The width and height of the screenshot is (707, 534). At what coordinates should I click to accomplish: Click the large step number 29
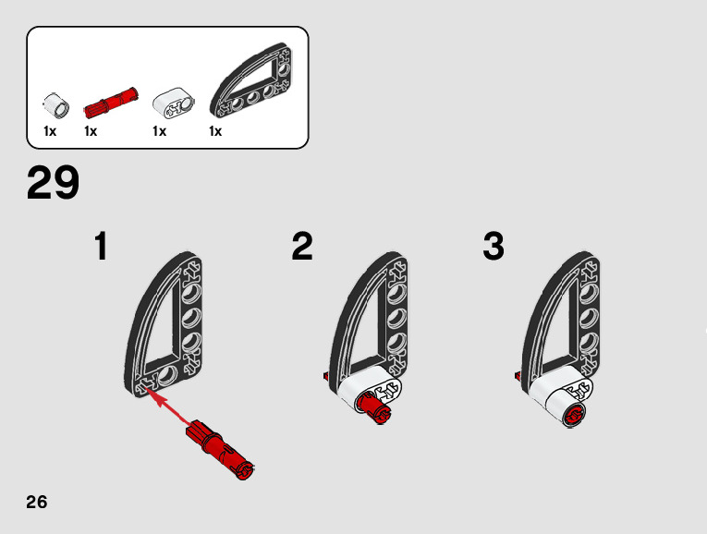click(x=53, y=183)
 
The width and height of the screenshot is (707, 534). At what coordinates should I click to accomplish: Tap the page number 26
click(x=37, y=503)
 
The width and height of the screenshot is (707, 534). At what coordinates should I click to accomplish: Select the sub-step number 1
click(x=102, y=248)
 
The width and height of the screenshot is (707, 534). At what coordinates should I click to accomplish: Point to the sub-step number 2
click(x=302, y=248)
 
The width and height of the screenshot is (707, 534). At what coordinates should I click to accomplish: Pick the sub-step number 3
click(x=494, y=248)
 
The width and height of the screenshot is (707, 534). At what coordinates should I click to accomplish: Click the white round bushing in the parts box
click(x=55, y=104)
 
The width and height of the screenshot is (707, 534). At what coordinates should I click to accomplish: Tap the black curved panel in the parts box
click(x=250, y=84)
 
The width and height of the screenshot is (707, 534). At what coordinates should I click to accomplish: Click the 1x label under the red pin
click(x=91, y=132)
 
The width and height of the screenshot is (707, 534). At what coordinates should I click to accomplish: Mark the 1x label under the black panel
click(x=215, y=132)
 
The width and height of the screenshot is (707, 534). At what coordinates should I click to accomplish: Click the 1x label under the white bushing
click(x=50, y=132)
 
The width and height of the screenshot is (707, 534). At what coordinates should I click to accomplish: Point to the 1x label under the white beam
click(x=159, y=132)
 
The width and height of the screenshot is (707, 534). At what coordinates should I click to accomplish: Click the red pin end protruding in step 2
click(x=374, y=407)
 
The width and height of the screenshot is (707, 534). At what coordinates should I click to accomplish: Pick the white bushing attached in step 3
click(x=566, y=407)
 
